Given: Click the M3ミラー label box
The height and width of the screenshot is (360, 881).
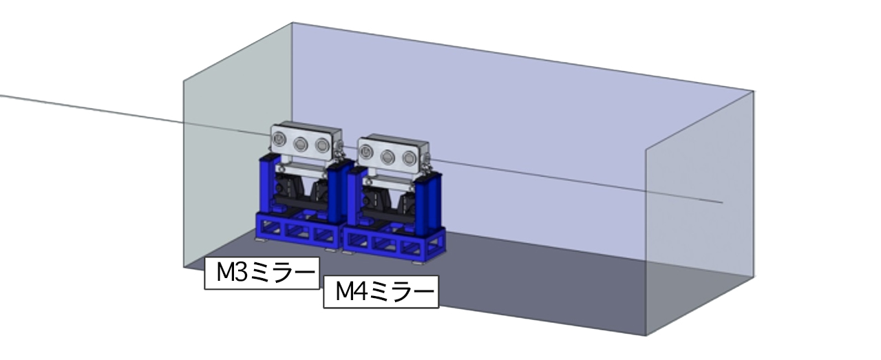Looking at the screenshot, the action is [262, 273].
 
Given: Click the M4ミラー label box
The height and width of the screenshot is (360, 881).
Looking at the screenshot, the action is [381, 292].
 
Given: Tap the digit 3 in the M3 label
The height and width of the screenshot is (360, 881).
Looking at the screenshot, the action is [241, 273].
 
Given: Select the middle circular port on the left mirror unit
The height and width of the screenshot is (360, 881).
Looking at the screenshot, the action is [301, 144].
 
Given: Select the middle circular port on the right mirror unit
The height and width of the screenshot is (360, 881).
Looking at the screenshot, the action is [388, 157].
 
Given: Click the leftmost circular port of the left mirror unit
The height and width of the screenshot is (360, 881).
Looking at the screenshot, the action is [279, 139].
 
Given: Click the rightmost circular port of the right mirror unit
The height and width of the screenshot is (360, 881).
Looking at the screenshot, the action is [409, 158].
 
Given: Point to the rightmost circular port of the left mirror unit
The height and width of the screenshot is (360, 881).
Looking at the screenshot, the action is [322, 145].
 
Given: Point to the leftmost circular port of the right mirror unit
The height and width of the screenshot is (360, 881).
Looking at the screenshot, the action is [365, 151].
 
